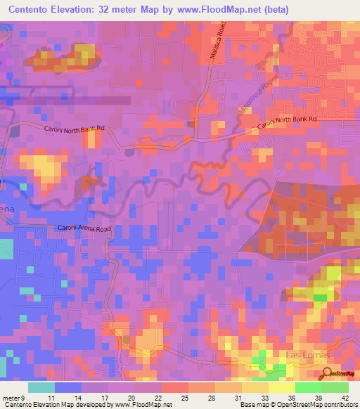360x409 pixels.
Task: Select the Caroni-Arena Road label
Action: pyautogui.click(x=84, y=229)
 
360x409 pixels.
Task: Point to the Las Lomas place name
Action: pyautogui.click(x=301, y=356)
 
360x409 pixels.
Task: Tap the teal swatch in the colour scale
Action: pyautogui.click(x=41, y=387)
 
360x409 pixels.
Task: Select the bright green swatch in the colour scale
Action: pyautogui.click(x=309, y=387)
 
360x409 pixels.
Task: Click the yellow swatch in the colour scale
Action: pyautogui.click(x=282, y=387)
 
